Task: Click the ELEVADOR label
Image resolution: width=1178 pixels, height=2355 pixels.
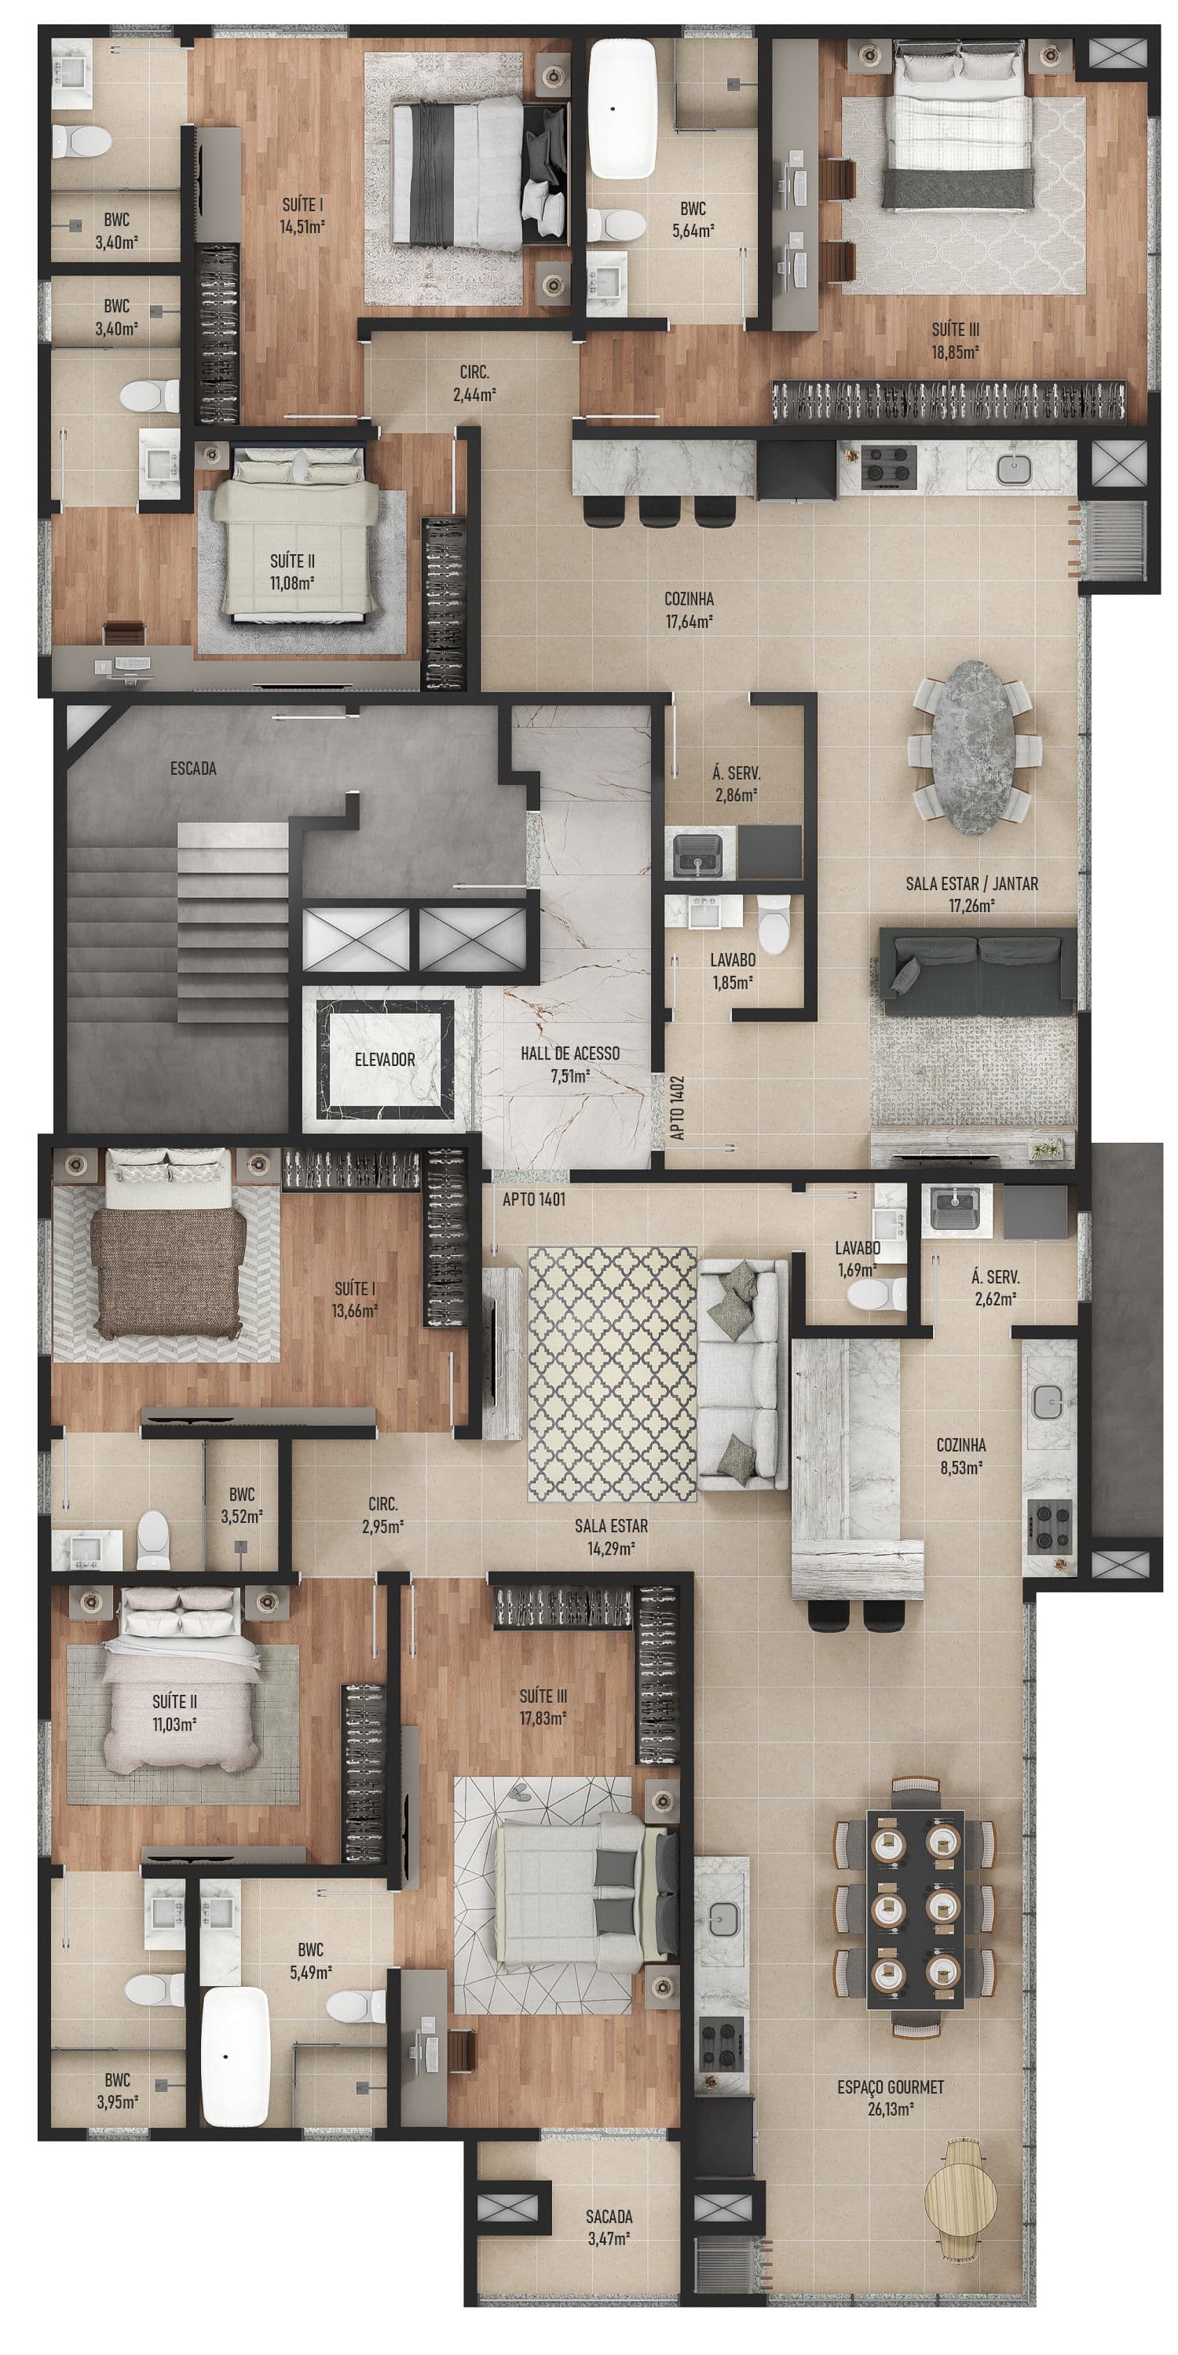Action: pyautogui.click(x=385, y=1060)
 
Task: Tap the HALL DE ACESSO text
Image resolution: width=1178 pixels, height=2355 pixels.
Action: pyautogui.click(x=570, y=1053)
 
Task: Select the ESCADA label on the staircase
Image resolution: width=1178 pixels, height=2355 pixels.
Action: pyautogui.click(x=193, y=768)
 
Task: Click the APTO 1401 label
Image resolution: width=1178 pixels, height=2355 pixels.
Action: pyautogui.click(x=533, y=1199)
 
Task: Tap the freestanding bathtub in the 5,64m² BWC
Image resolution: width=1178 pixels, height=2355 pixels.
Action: pyautogui.click(x=623, y=108)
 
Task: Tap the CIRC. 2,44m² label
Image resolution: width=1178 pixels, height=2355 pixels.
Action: pyautogui.click(x=474, y=384)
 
